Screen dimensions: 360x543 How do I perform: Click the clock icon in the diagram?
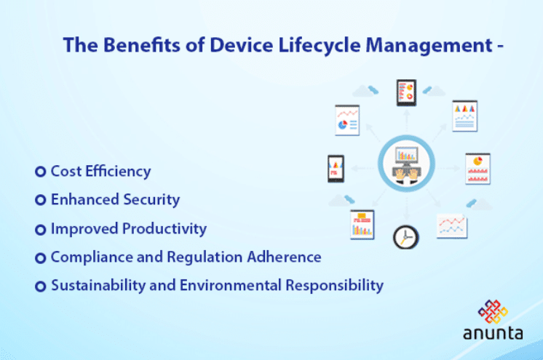405,236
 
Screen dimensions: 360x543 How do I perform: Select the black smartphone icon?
336,169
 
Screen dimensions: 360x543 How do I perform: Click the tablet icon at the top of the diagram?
405,92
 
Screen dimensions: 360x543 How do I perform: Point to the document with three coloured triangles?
464,115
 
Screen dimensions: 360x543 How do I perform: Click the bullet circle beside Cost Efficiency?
41,172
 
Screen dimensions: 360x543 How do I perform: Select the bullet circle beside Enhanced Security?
41,200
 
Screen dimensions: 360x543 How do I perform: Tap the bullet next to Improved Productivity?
41,229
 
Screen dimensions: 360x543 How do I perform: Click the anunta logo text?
492,334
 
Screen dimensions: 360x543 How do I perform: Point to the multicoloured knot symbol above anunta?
492,311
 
